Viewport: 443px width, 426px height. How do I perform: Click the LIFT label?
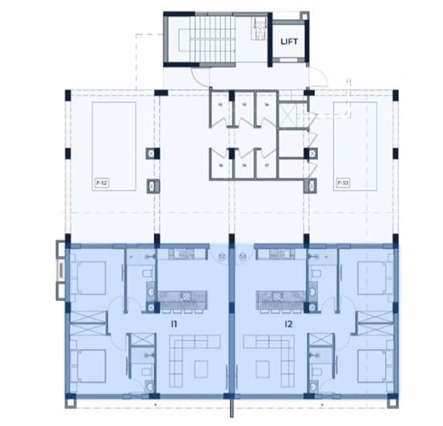click(x=289, y=45)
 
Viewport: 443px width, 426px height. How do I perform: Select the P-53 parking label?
click(x=342, y=183)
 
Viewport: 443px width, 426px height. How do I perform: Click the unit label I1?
click(x=173, y=324)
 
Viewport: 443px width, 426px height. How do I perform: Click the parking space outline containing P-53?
click(x=354, y=144)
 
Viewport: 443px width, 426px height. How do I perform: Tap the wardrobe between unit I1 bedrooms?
click(x=87, y=320)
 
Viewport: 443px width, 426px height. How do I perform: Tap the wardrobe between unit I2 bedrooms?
click(x=373, y=320)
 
